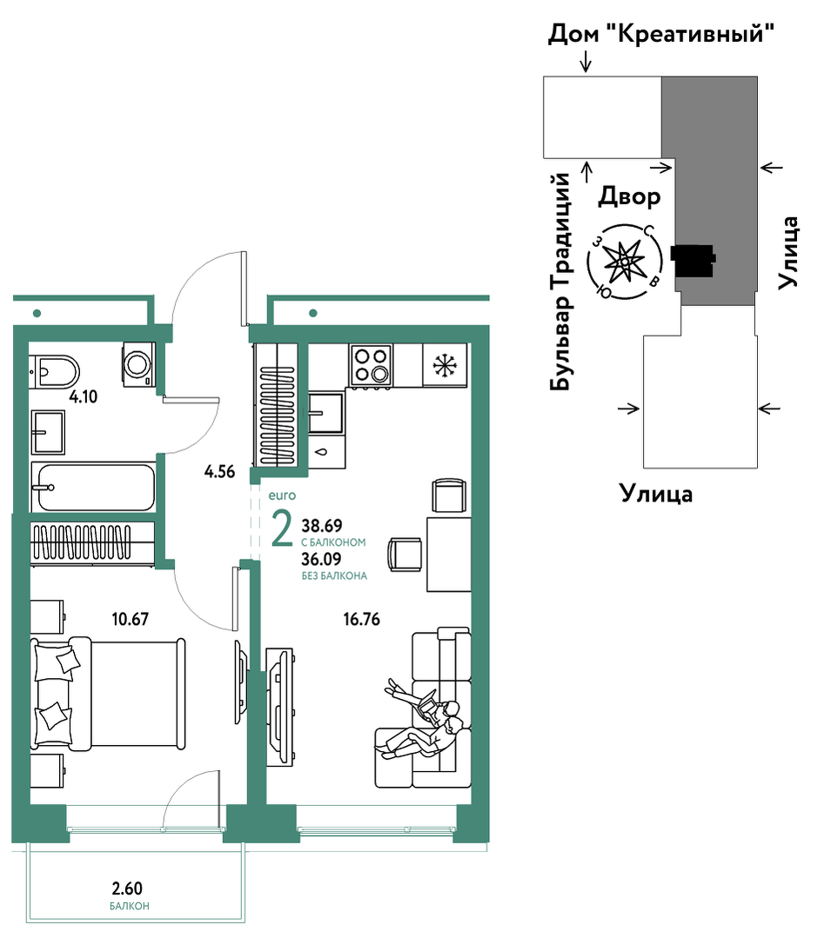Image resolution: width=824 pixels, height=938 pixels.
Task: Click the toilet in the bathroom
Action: (54, 371)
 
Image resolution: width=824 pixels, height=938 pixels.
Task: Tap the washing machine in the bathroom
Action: (139, 363)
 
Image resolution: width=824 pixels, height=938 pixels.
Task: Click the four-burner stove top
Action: (371, 365)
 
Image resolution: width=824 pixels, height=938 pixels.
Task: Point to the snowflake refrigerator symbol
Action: (445, 365)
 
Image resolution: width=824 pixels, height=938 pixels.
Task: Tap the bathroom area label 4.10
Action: (83, 396)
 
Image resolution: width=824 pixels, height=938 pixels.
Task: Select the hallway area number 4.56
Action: (219, 472)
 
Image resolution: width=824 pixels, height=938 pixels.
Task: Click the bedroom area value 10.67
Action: (130, 619)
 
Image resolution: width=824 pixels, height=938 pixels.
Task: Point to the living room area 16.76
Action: (362, 619)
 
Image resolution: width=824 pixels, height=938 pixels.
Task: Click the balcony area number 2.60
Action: (127, 888)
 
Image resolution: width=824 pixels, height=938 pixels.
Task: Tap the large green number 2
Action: (281, 529)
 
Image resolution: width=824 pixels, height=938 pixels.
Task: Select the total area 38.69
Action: (322, 526)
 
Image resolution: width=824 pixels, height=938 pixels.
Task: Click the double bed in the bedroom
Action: (108, 694)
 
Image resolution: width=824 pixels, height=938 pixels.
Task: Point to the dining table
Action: (448, 555)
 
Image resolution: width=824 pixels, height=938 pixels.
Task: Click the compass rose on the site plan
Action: (625, 262)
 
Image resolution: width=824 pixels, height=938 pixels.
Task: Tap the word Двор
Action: (629, 196)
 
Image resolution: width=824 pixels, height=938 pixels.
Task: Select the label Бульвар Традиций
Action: (560, 282)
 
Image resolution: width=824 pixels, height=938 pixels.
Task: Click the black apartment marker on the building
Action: (693, 261)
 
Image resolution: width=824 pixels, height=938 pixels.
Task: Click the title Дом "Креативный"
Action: (661, 34)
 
